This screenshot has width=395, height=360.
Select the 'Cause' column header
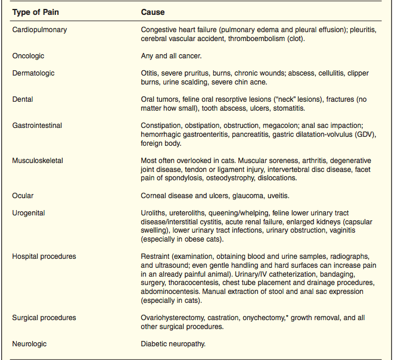[x=153, y=12]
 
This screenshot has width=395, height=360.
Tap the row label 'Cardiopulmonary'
[x=39, y=29]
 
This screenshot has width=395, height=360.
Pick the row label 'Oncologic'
[x=29, y=56]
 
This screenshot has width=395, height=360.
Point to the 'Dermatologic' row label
[x=33, y=73]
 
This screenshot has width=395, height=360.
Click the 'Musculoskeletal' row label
[x=38, y=161]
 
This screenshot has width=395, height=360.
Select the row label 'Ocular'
[x=23, y=195]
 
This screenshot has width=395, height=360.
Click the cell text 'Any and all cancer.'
[x=171, y=56]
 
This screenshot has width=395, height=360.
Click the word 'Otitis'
[x=150, y=73]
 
